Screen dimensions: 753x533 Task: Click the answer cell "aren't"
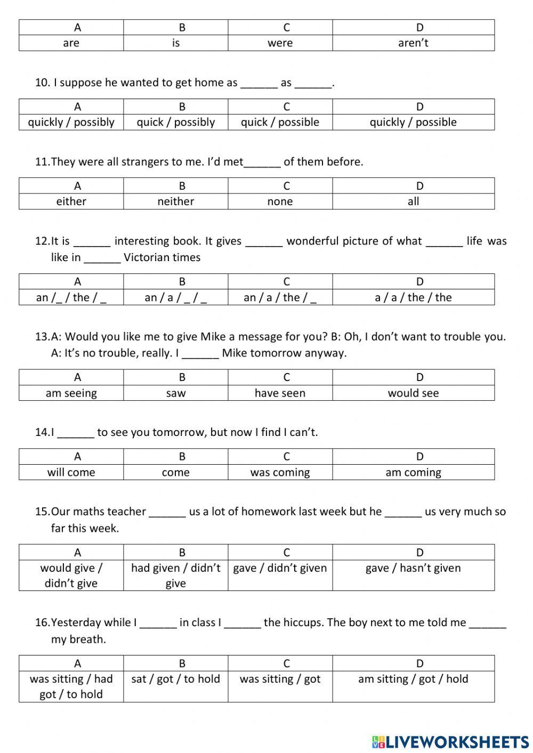(x=413, y=43)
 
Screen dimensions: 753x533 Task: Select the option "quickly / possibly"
(x=71, y=122)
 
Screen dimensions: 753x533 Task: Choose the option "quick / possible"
(x=280, y=122)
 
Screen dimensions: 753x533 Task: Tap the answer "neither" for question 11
(x=175, y=201)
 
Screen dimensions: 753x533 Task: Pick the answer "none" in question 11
(x=280, y=201)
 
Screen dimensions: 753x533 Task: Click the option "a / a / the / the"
(x=413, y=297)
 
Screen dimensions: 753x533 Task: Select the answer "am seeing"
(x=71, y=393)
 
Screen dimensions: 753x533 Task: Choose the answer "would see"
(x=413, y=393)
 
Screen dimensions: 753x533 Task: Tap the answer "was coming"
(x=280, y=473)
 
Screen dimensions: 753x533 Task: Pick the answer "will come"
(x=71, y=473)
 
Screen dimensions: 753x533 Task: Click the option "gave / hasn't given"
(x=413, y=568)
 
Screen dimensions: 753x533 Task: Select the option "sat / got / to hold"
(x=175, y=679)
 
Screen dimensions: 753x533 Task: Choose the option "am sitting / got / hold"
(x=413, y=679)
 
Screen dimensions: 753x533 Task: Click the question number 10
(x=42, y=83)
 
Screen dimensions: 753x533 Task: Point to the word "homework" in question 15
(x=270, y=512)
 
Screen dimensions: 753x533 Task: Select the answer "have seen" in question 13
(x=280, y=393)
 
